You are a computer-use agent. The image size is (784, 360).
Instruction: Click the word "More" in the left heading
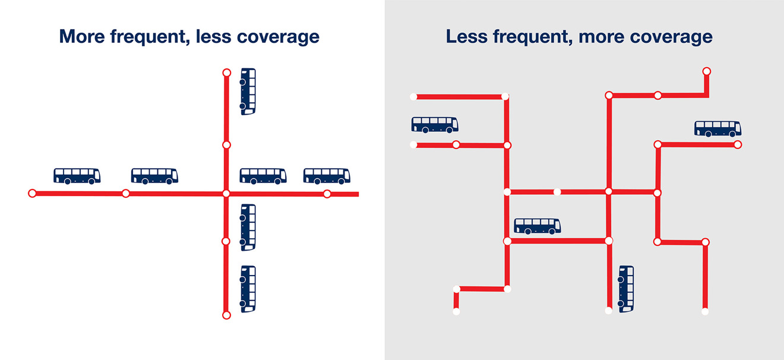pyautogui.click(x=82, y=36)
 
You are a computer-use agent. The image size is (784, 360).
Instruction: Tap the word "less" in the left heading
pyautogui.click(x=213, y=36)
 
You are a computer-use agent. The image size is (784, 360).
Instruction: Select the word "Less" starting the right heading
pyautogui.click(x=467, y=36)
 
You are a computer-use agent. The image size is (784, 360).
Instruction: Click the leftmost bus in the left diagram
pyautogui.click(x=77, y=176)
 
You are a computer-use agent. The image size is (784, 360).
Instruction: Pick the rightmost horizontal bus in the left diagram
pyautogui.click(x=327, y=176)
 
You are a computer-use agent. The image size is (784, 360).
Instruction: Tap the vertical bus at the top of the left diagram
pyautogui.click(x=248, y=91)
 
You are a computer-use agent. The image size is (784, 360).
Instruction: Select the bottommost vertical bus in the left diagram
pyautogui.click(x=248, y=289)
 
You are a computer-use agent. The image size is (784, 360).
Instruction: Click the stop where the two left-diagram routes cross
pyautogui.click(x=226, y=194)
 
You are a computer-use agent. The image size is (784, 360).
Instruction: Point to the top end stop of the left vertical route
pyautogui.click(x=227, y=72)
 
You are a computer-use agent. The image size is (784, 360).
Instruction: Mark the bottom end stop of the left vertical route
pyautogui.click(x=227, y=315)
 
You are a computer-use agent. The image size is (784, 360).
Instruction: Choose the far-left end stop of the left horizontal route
pyautogui.click(x=32, y=193)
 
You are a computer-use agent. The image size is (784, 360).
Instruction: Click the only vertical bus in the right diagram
pyautogui.click(x=626, y=289)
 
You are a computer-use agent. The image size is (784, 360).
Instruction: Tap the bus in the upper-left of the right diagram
pyautogui.click(x=435, y=125)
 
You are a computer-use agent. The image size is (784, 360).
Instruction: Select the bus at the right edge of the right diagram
pyautogui.click(x=718, y=129)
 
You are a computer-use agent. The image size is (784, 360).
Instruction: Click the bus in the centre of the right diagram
pyautogui.click(x=538, y=226)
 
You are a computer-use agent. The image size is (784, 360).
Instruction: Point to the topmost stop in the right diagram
pyautogui.click(x=707, y=71)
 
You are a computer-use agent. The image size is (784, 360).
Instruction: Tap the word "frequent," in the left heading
pyautogui.click(x=150, y=36)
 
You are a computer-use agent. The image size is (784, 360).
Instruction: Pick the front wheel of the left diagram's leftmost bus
pyautogui.click(x=91, y=181)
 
